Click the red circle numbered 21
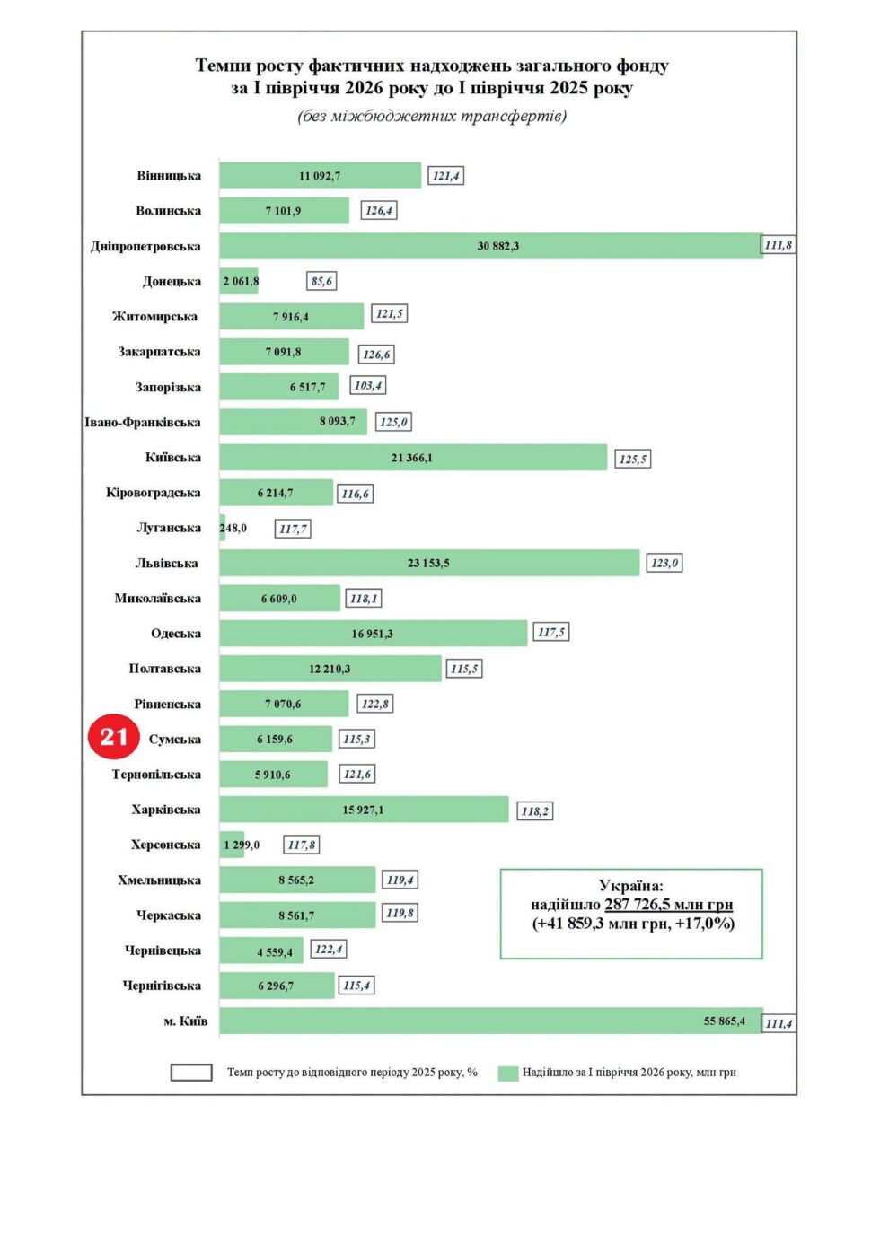113,736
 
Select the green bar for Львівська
429,563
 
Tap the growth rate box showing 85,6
321,281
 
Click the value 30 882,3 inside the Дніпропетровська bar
497,246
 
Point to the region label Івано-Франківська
142,422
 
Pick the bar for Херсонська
232,845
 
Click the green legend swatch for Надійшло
507,1073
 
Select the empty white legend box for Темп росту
191,1073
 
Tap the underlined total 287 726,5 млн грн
668,905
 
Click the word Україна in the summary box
630,885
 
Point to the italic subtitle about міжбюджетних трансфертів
432,116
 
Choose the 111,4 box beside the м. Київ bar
779,1023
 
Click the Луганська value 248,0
233,528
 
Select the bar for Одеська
374,633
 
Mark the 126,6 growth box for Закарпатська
376,355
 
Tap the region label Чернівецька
163,951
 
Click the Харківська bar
364,810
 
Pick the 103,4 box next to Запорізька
368,385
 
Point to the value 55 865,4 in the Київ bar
725,1021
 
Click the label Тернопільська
156,775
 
